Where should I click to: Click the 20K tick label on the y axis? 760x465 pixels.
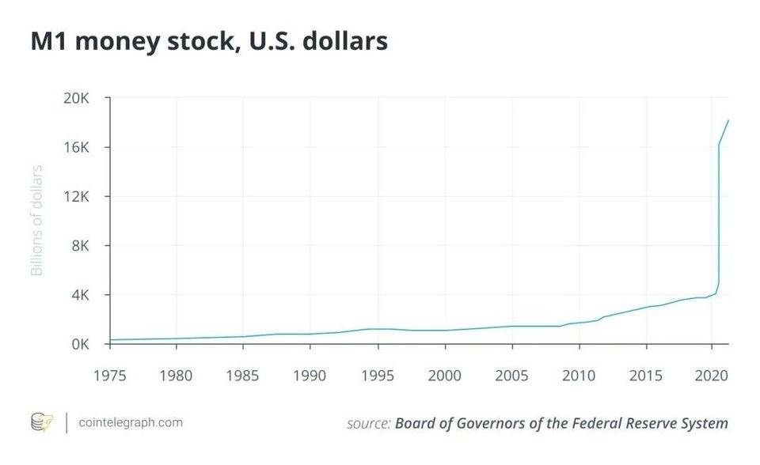tap(78, 99)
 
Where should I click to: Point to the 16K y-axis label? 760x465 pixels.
tap(78, 148)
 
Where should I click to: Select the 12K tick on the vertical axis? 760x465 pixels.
tap(78, 197)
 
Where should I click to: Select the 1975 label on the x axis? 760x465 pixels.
tap(110, 373)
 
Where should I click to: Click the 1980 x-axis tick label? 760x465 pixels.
tap(177, 373)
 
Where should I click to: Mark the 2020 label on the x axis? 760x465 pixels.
tap(710, 373)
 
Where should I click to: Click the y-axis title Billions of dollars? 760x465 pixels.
tap(36, 221)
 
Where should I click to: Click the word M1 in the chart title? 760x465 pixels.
tap(47, 41)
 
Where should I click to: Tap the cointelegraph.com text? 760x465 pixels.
tap(131, 422)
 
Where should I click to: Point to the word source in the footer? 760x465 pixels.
tap(368, 423)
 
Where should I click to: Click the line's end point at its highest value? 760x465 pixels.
tap(728, 120)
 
